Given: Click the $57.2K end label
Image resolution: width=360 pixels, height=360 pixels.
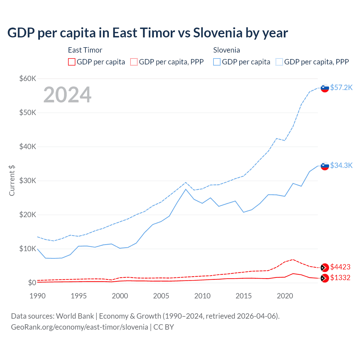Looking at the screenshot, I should click(341, 87).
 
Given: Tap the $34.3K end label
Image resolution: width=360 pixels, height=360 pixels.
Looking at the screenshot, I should click(341, 165).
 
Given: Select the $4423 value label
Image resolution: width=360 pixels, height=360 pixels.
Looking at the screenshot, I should click(340, 267).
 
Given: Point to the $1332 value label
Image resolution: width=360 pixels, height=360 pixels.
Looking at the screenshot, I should click(340, 278).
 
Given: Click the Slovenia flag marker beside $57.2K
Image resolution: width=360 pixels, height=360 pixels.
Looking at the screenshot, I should click(325, 88).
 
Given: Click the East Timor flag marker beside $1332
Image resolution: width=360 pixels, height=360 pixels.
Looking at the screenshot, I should click(325, 278).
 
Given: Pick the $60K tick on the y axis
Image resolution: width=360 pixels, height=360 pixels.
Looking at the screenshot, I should click(28, 78).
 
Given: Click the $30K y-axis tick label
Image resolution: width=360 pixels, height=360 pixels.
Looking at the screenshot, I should click(28, 181).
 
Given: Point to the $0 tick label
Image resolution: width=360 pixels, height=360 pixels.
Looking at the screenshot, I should click(32, 283).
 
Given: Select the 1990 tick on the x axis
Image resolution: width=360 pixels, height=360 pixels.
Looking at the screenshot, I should click(37, 296).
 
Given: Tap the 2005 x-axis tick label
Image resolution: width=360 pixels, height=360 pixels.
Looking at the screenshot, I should click(161, 296).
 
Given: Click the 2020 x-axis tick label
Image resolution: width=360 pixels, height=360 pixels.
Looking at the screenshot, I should click(285, 296).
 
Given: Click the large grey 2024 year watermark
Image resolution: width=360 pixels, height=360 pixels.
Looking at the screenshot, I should click(67, 95).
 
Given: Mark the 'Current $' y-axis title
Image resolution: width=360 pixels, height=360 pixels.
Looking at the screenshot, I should click(12, 181).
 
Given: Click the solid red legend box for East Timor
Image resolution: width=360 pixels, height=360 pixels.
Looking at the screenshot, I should click(72, 62).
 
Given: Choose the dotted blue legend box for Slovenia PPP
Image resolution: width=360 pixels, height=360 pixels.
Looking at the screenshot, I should click(279, 62).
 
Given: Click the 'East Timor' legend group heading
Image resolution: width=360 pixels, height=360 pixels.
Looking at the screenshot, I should click(85, 50).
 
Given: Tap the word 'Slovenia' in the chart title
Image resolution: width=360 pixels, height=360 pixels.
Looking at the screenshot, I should click(218, 33).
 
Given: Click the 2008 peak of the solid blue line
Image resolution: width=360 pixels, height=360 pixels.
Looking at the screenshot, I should click(186, 189).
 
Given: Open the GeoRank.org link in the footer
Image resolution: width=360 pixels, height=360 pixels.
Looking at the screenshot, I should click(80, 327).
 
